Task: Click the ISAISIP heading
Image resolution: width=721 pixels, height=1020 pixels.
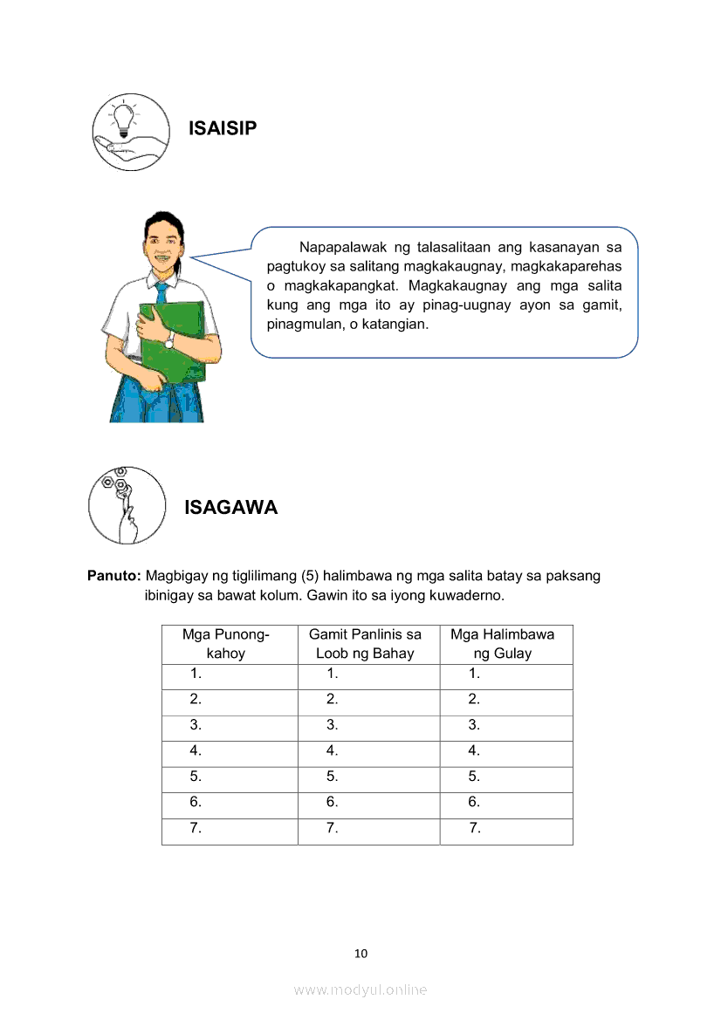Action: click(223, 129)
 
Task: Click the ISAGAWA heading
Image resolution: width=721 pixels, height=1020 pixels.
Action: click(230, 508)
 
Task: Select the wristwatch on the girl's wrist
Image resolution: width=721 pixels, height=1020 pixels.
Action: click(169, 340)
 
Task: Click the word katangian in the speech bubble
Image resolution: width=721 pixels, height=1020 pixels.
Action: click(397, 324)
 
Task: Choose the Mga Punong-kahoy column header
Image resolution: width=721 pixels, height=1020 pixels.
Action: click(225, 644)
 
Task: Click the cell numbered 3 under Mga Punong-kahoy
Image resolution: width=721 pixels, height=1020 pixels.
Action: click(229, 724)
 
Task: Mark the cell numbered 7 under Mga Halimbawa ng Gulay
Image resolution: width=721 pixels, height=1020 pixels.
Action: click(505, 829)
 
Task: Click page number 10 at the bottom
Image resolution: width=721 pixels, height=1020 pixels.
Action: click(360, 953)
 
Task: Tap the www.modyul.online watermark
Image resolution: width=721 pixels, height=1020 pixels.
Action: click(360, 989)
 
